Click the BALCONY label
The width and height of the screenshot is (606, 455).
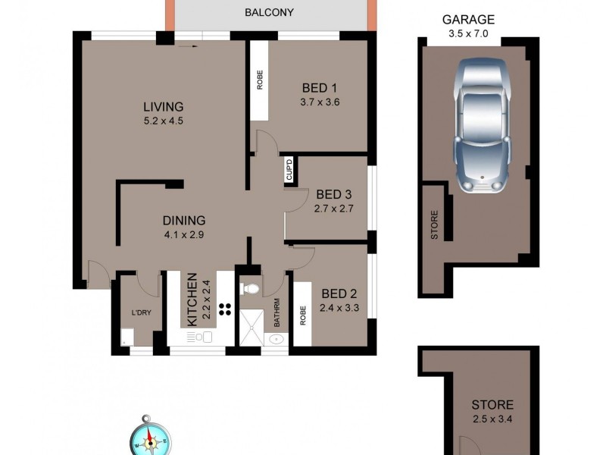[269, 13]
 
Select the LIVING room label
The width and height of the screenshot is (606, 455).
[164, 106]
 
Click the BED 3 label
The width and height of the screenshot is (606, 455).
[334, 193]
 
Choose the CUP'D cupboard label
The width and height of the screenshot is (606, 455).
[289, 170]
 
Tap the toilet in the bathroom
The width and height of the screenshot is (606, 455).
[250, 288]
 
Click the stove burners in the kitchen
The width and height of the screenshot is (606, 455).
[225, 308]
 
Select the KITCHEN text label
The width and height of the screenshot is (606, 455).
[192, 300]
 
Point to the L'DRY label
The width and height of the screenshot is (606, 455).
[141, 313]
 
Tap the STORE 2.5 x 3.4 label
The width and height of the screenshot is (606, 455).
[492, 411]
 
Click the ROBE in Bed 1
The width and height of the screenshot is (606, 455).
[259, 80]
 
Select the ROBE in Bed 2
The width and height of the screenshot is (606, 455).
[301, 314]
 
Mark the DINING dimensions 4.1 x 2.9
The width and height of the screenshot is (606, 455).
[183, 234]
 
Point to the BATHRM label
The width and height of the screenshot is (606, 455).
[277, 313]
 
